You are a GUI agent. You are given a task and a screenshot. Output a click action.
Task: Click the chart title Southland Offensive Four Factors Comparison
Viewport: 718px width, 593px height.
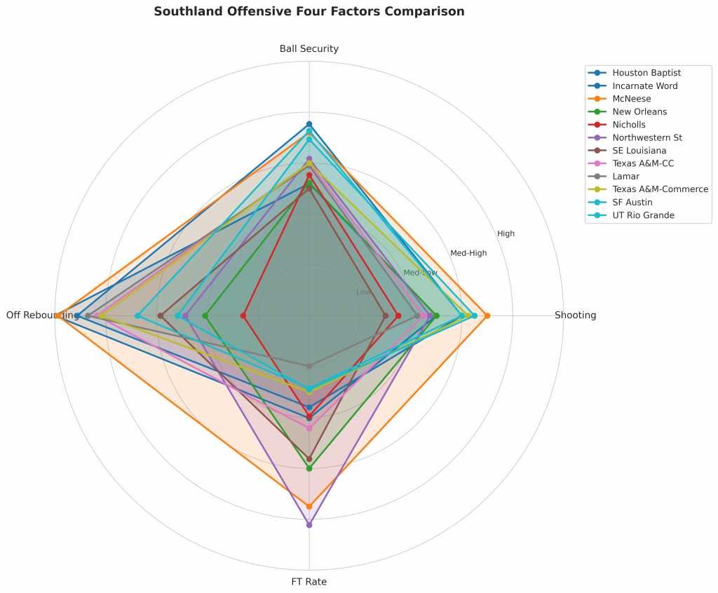(x=309, y=12)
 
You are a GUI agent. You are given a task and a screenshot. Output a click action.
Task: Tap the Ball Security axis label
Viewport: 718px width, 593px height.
(x=309, y=49)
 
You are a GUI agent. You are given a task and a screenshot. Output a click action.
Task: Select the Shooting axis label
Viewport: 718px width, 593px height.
(x=575, y=315)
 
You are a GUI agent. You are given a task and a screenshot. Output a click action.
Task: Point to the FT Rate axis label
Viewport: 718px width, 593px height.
(x=309, y=582)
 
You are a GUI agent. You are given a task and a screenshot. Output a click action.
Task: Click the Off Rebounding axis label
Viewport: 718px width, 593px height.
(x=42, y=315)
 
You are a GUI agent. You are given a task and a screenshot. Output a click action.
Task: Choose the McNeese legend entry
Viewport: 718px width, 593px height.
(x=631, y=99)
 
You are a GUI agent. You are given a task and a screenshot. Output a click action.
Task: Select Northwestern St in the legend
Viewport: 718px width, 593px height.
(x=647, y=137)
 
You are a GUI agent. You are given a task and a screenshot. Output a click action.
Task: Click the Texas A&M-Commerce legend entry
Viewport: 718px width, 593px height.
(x=660, y=189)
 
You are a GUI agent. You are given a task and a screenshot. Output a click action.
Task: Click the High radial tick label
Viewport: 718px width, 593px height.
(x=506, y=234)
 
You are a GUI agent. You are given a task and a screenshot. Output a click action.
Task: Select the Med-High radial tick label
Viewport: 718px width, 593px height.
(x=468, y=253)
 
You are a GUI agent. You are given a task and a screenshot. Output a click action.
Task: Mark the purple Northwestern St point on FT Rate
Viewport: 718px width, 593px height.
(x=309, y=524)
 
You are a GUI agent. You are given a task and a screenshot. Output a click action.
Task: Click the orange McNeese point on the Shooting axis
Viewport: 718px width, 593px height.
(x=487, y=315)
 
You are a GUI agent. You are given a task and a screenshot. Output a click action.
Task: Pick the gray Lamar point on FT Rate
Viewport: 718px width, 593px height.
(x=309, y=365)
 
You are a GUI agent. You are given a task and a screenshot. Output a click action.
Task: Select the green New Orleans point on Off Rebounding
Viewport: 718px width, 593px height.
(x=205, y=315)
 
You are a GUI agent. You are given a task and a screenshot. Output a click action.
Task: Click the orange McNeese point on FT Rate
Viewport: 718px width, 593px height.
(x=309, y=506)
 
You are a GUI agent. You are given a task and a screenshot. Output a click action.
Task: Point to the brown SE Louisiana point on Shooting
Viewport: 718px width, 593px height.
(x=386, y=315)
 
